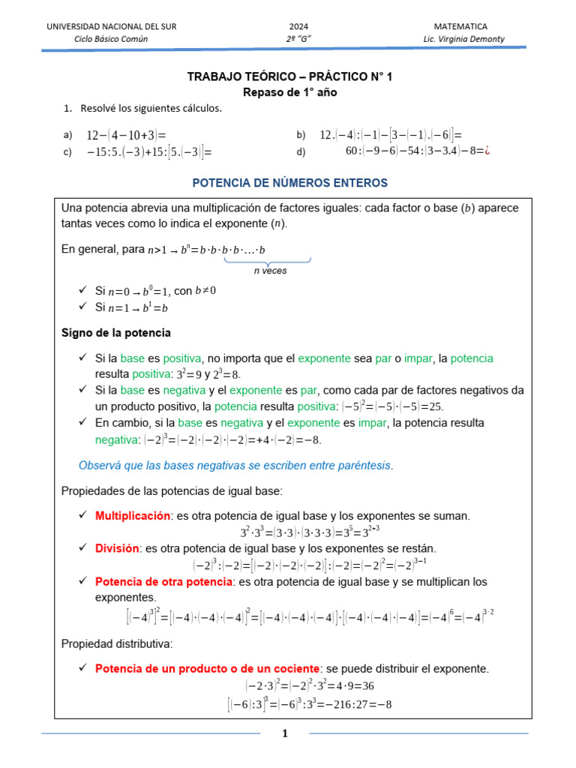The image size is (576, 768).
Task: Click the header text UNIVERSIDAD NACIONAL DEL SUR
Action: (x=112, y=26)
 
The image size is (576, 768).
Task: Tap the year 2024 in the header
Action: (x=298, y=26)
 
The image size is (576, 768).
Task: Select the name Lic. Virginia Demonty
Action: (x=463, y=39)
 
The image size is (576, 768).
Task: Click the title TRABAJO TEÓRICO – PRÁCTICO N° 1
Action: (x=289, y=76)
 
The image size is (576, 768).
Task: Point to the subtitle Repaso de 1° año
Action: (x=289, y=92)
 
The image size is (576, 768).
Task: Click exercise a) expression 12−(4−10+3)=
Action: (x=125, y=135)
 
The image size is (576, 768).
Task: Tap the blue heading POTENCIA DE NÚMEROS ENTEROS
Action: (x=290, y=182)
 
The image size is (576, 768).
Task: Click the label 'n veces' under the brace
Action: (x=268, y=271)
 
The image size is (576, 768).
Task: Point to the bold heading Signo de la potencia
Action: (x=115, y=331)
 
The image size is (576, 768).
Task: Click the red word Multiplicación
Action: (x=133, y=516)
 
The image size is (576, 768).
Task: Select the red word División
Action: (x=117, y=548)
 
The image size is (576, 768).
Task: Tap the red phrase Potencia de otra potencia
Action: (x=164, y=581)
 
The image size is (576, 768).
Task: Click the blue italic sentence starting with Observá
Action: (x=236, y=466)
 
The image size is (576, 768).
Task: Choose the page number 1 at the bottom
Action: (x=285, y=733)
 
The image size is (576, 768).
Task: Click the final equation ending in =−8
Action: (x=309, y=704)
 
